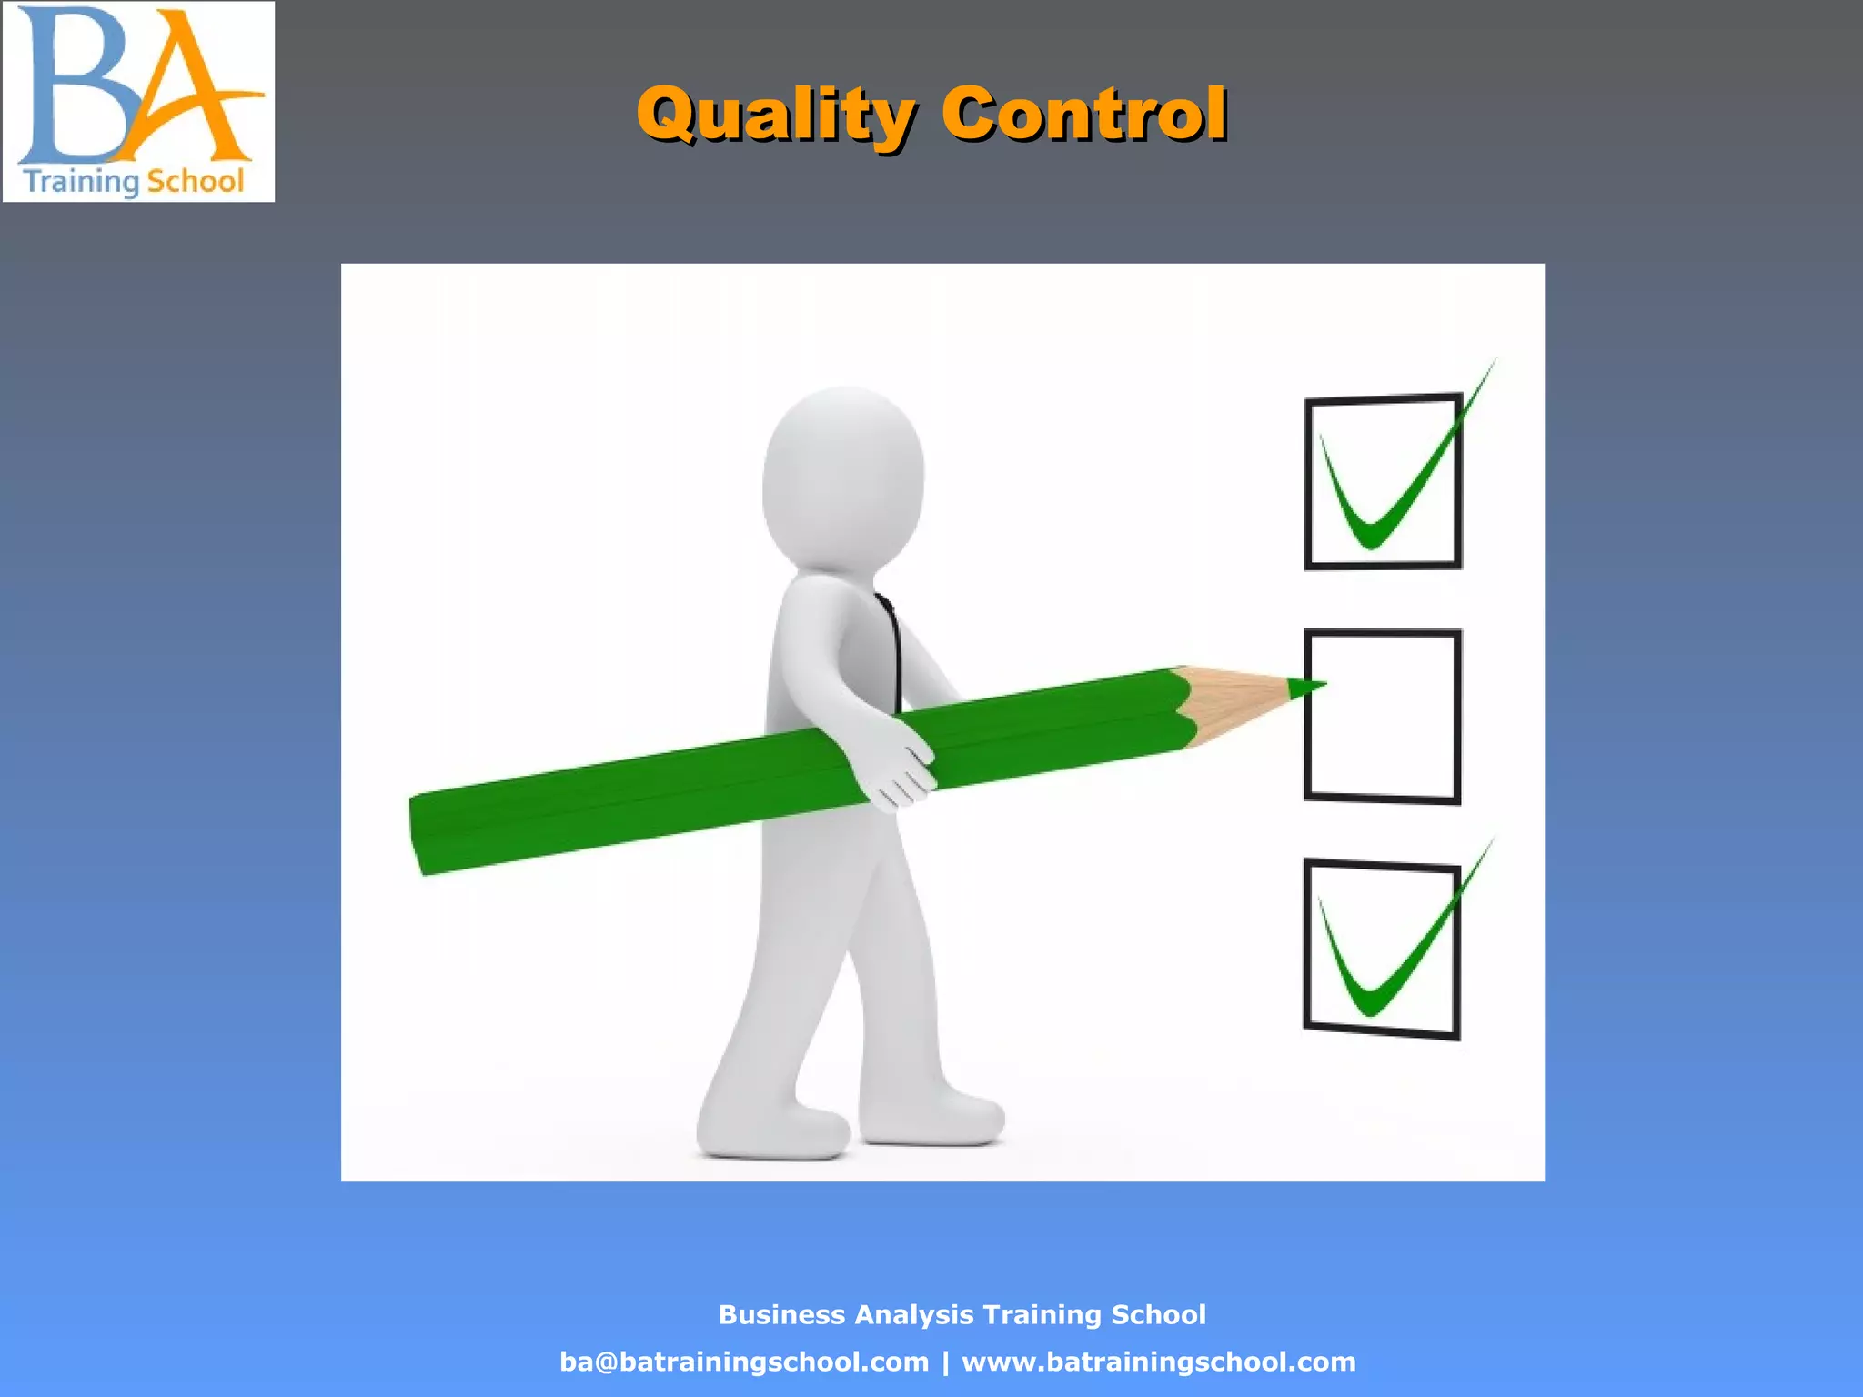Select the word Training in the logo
tap(81, 181)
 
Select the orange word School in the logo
tap(196, 181)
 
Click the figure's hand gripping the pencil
tap(896, 769)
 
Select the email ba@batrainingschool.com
tap(744, 1362)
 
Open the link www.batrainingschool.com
tap(1158, 1362)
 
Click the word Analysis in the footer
tap(913, 1314)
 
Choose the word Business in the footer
tap(781, 1314)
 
